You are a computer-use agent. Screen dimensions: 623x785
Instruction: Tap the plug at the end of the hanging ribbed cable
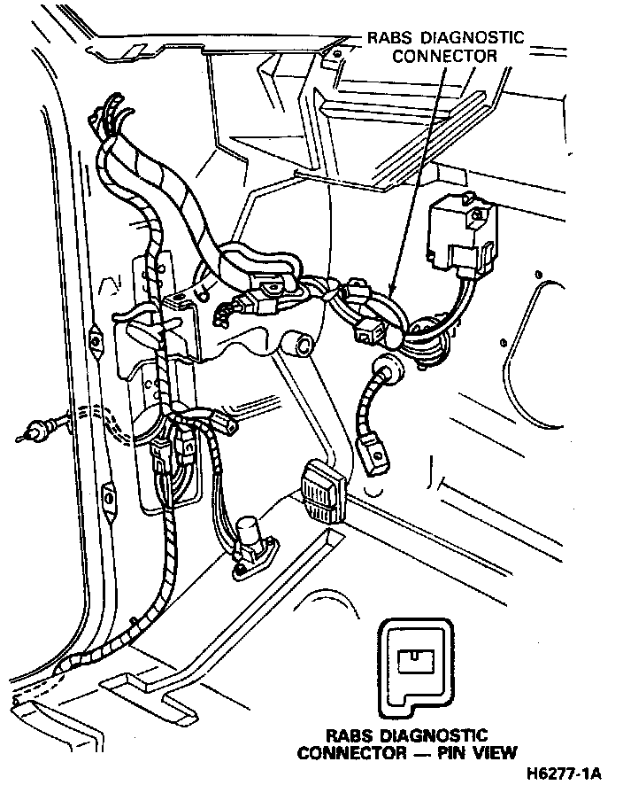376,456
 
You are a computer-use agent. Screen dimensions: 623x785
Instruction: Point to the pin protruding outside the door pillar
32,433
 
